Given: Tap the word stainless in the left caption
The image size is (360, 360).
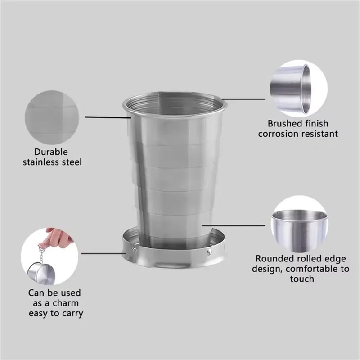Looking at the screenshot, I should (x=41, y=162).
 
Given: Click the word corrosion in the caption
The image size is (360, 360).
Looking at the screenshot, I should (x=285, y=134).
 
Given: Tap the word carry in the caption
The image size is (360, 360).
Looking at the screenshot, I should (x=72, y=313).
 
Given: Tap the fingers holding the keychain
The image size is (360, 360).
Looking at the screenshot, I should (x=54, y=237).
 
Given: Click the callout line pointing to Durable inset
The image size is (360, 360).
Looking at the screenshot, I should (x=108, y=118).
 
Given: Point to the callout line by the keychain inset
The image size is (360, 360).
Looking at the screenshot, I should (x=103, y=253).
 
